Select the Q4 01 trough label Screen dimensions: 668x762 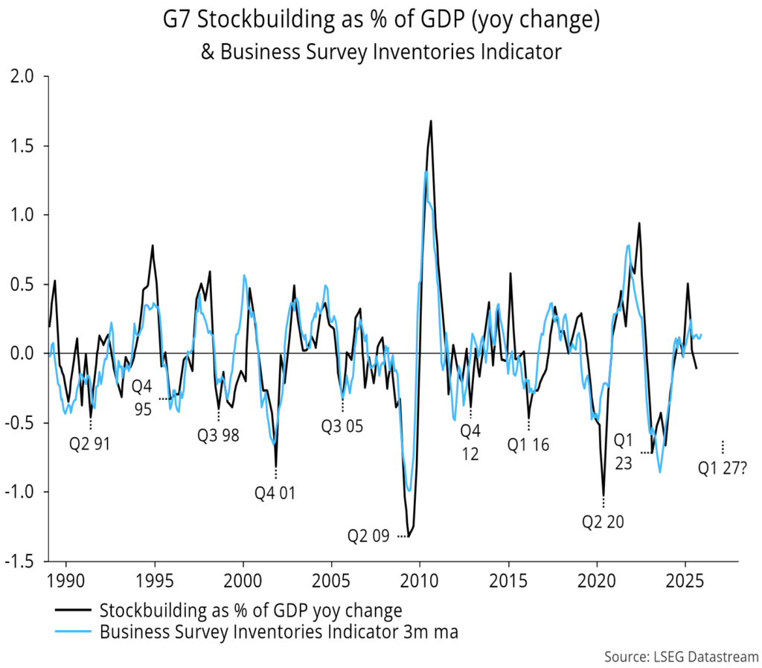coord(275,492)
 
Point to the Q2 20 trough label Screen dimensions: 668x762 coord(603,521)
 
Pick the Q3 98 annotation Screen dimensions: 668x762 coord(218,436)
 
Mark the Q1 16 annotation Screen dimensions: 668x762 coord(528,445)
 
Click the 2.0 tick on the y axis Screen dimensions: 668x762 coord(25,77)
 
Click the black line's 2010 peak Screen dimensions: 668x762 coord(430,121)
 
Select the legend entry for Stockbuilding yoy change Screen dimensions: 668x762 coord(250,611)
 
